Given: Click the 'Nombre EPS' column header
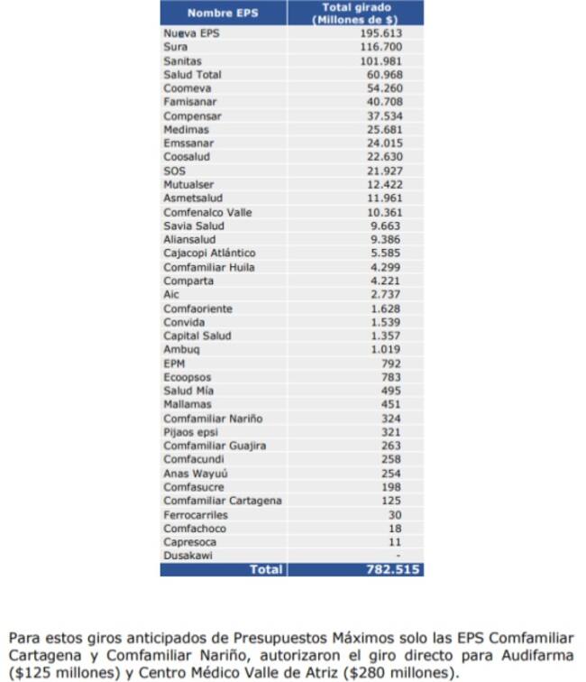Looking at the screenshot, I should (222, 13).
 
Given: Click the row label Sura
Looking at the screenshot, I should (176, 47).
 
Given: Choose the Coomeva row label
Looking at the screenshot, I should (187, 88).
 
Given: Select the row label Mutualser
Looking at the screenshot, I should (188, 185).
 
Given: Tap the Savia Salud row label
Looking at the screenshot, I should (193, 226).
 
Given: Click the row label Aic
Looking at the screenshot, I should (171, 294).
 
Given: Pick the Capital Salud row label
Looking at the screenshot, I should (197, 336).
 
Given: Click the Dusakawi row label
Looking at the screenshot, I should (188, 556).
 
